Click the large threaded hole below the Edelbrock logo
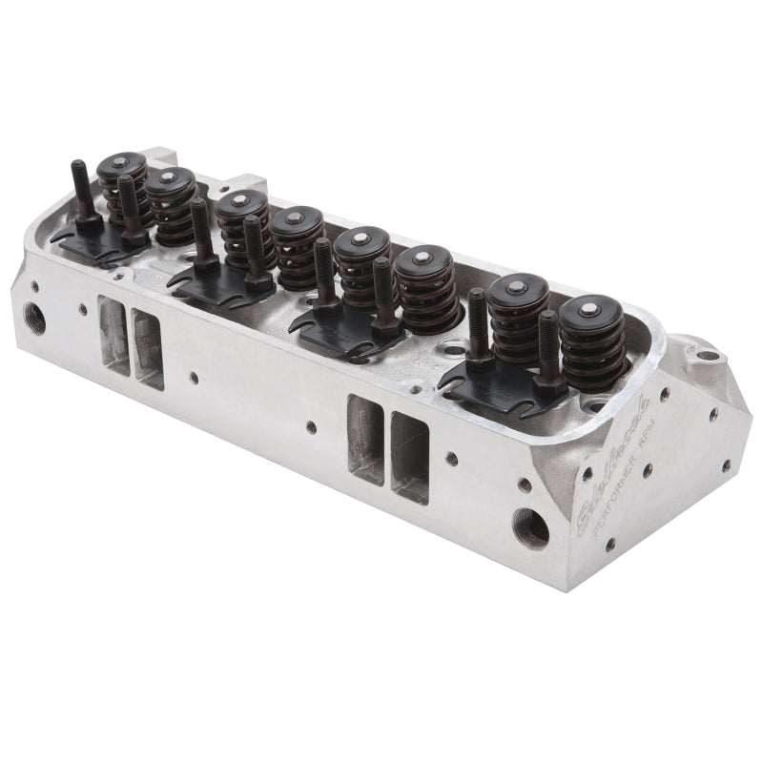[x=529, y=526]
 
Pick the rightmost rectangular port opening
[x=409, y=458]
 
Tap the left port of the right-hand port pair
[x=365, y=440]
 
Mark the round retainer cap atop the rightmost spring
[x=588, y=309]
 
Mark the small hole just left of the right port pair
[x=311, y=428]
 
